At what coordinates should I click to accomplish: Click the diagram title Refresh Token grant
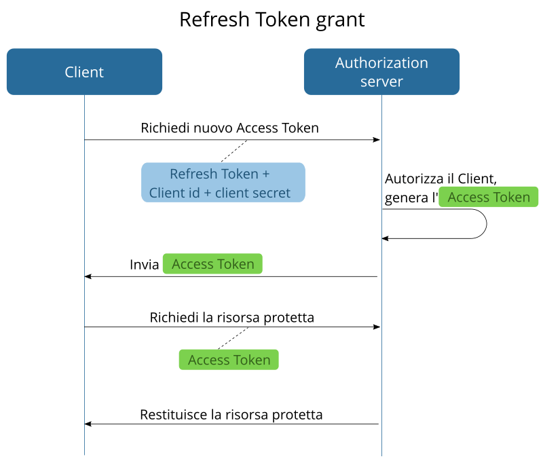click(x=271, y=20)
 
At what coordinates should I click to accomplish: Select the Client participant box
click(x=84, y=71)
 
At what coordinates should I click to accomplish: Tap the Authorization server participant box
click(x=381, y=71)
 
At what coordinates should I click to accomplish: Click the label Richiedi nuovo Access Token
click(x=229, y=128)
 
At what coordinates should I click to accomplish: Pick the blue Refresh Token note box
click(x=223, y=183)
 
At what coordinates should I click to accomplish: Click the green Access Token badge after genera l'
click(x=488, y=198)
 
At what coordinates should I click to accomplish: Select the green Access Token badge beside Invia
click(x=212, y=264)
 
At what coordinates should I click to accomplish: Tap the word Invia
click(x=145, y=264)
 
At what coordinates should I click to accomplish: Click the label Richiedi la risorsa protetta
click(x=231, y=317)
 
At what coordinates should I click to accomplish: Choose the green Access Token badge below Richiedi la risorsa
click(x=229, y=360)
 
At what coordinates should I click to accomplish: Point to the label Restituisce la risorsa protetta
click(x=231, y=414)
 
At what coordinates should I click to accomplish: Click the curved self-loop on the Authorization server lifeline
click(x=485, y=223)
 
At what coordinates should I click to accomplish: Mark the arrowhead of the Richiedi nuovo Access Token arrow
click(x=376, y=140)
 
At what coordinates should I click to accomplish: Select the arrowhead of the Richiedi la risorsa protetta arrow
click(x=376, y=327)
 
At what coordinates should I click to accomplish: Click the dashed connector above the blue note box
click(x=233, y=151)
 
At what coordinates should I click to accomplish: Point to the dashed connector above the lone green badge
click(x=233, y=338)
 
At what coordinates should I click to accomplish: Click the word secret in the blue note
click(x=269, y=193)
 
